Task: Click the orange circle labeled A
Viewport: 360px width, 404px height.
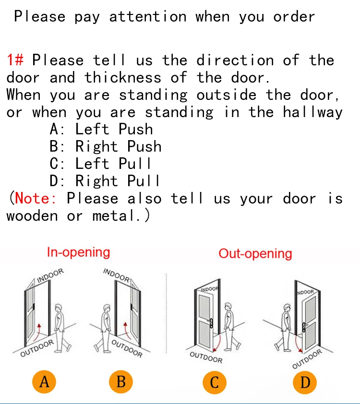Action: coord(44,382)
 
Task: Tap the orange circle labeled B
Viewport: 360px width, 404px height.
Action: coord(121,382)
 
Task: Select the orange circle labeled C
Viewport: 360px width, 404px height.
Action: coord(215,382)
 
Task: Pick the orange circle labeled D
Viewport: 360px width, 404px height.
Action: coord(305,382)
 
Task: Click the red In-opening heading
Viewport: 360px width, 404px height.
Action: coord(78,252)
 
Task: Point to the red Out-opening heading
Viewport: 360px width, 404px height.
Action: coord(255,254)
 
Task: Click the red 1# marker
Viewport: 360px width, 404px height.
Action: coord(15,60)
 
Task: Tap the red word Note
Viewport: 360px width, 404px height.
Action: coord(36,198)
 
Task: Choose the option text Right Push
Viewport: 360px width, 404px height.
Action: coord(119,147)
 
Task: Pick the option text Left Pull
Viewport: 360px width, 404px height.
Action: coord(113,163)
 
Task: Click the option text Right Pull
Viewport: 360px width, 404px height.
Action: coord(118,180)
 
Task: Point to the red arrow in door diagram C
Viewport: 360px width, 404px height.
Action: coord(218,343)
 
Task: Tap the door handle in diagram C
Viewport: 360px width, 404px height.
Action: coord(211,323)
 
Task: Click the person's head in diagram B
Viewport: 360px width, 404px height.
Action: coord(107,308)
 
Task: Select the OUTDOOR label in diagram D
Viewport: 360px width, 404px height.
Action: coord(307,359)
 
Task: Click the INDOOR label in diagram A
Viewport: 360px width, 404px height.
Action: coord(50,275)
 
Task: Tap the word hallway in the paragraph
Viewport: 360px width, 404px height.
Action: coord(313,112)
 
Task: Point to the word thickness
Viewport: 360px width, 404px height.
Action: coord(123,77)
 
